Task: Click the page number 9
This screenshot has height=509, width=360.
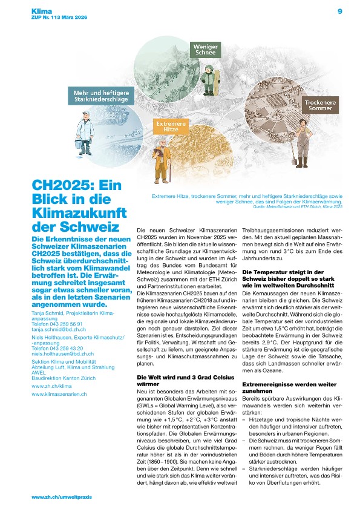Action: (x=340, y=11)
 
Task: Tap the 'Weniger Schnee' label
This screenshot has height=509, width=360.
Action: (x=205, y=50)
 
